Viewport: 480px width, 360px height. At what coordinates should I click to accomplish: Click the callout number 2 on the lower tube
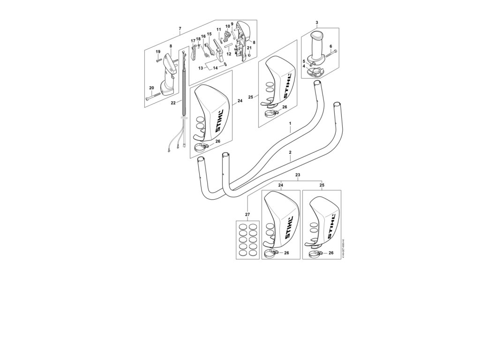[x=290, y=153]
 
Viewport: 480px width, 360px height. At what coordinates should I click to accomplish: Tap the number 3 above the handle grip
[x=317, y=22]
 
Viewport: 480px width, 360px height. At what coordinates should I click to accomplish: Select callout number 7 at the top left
[x=180, y=29]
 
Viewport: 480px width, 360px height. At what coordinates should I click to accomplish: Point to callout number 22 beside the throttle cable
[x=173, y=103]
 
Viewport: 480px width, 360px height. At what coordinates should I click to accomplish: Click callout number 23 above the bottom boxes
[x=298, y=175]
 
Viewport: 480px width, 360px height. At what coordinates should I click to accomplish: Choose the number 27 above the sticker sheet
[x=247, y=215]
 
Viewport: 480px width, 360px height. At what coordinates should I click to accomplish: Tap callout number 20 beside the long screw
[x=151, y=88]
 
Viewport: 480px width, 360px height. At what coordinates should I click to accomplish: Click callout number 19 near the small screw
[x=158, y=51]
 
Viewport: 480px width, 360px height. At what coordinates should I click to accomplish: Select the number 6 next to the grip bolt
[x=330, y=46]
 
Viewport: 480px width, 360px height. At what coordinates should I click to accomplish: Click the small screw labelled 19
[x=159, y=60]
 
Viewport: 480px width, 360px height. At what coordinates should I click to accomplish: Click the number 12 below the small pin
[x=229, y=54]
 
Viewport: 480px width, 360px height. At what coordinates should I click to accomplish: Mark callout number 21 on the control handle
[x=249, y=48]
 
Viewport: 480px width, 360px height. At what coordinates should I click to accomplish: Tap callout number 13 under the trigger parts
[x=200, y=68]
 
